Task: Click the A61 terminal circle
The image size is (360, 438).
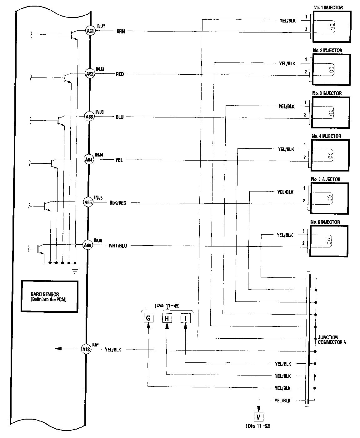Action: coord(90,31)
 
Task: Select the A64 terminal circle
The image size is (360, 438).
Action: coord(89,160)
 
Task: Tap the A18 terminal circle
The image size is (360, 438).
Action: coord(86,349)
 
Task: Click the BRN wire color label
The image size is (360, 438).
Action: coord(121,32)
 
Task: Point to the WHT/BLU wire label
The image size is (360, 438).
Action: coord(118,246)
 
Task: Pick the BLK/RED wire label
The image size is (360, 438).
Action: coord(118,203)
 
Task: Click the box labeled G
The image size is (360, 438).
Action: coord(148,318)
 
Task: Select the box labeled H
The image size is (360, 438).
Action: coord(167,318)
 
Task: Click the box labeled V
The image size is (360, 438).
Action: coord(258,416)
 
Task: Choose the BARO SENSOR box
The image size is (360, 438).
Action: coord(49,296)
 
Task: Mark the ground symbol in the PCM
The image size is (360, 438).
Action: coord(75,270)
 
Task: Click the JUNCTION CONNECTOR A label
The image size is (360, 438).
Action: coord(332,340)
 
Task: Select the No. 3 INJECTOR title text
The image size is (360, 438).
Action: coord(327,93)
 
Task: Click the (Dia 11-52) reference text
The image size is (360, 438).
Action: coord(258,426)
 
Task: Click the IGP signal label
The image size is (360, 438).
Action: coord(95,344)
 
